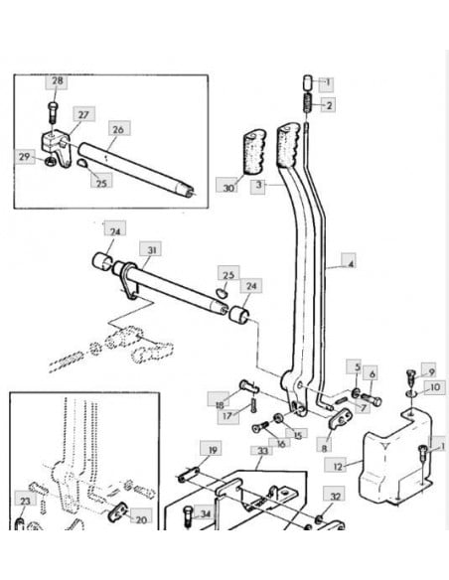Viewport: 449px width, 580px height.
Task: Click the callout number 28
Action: click(x=57, y=81)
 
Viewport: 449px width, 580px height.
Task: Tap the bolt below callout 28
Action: click(x=52, y=113)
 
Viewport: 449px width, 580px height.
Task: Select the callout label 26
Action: click(x=118, y=129)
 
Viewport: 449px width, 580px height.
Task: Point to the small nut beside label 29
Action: click(x=50, y=161)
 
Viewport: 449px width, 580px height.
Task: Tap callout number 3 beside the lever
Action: click(x=258, y=185)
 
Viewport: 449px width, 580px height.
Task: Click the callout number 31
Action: click(x=152, y=250)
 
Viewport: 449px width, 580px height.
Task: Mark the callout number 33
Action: click(x=262, y=451)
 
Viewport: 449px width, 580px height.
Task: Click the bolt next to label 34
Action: click(x=188, y=516)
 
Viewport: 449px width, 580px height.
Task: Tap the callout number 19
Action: click(x=213, y=450)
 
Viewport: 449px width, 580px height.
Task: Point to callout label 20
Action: click(x=141, y=519)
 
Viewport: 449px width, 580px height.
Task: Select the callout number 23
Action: click(x=25, y=501)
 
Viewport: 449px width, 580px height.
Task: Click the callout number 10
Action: click(x=434, y=387)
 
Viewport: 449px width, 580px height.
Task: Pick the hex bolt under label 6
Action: click(x=371, y=399)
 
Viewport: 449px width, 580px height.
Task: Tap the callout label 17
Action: click(x=228, y=416)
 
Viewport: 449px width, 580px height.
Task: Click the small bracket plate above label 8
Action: click(x=340, y=418)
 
